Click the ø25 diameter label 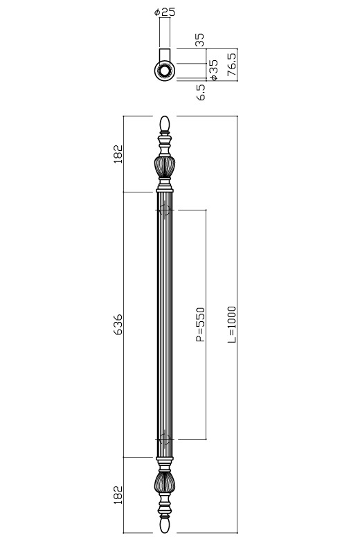[165, 12]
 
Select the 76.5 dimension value [231, 64]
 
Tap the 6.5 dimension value [201, 92]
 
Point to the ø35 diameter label [213, 70]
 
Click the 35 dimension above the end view [200, 39]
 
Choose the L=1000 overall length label [232, 325]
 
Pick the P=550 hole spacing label [201, 325]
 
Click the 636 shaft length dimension [118, 325]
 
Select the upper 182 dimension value [118, 154]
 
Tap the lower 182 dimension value [118, 495]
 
